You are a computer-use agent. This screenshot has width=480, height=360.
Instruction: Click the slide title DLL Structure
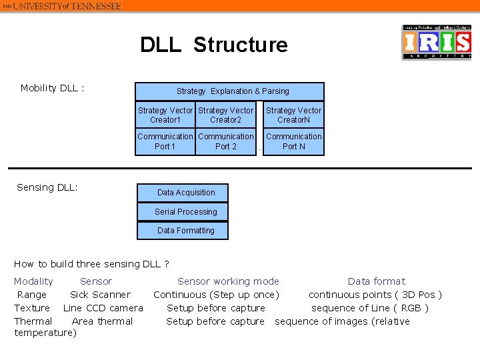pyautogui.click(x=213, y=45)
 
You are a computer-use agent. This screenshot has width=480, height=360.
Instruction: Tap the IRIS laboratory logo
pyautogui.click(x=436, y=43)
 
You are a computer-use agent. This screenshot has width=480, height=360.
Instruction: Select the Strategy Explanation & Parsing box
pyautogui.click(x=229, y=91)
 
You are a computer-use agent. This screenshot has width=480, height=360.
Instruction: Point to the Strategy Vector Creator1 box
pyautogui.click(x=165, y=115)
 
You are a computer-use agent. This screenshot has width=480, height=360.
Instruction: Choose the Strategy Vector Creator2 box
pyautogui.click(x=225, y=115)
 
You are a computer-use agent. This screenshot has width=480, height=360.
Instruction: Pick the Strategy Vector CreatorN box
pyautogui.click(x=293, y=115)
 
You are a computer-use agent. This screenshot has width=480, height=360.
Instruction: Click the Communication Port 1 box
pyautogui.click(x=165, y=141)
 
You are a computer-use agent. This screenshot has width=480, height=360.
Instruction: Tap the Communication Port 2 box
pyautogui.click(x=225, y=141)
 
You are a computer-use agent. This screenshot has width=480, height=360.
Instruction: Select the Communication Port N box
pyautogui.click(x=293, y=141)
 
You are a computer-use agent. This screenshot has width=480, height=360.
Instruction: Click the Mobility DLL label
pyautogui.click(x=52, y=88)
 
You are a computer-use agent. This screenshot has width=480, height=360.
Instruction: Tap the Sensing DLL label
pyautogui.click(x=47, y=187)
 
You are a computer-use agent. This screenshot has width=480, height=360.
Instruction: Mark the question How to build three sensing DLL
pyautogui.click(x=91, y=264)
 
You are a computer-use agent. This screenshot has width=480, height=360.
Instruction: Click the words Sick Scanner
pyautogui.click(x=100, y=295)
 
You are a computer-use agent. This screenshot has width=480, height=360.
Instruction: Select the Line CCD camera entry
pyautogui.click(x=103, y=308)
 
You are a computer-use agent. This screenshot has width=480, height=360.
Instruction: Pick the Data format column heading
pyautogui.click(x=376, y=281)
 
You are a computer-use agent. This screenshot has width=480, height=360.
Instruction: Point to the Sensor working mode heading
pyautogui.click(x=228, y=281)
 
